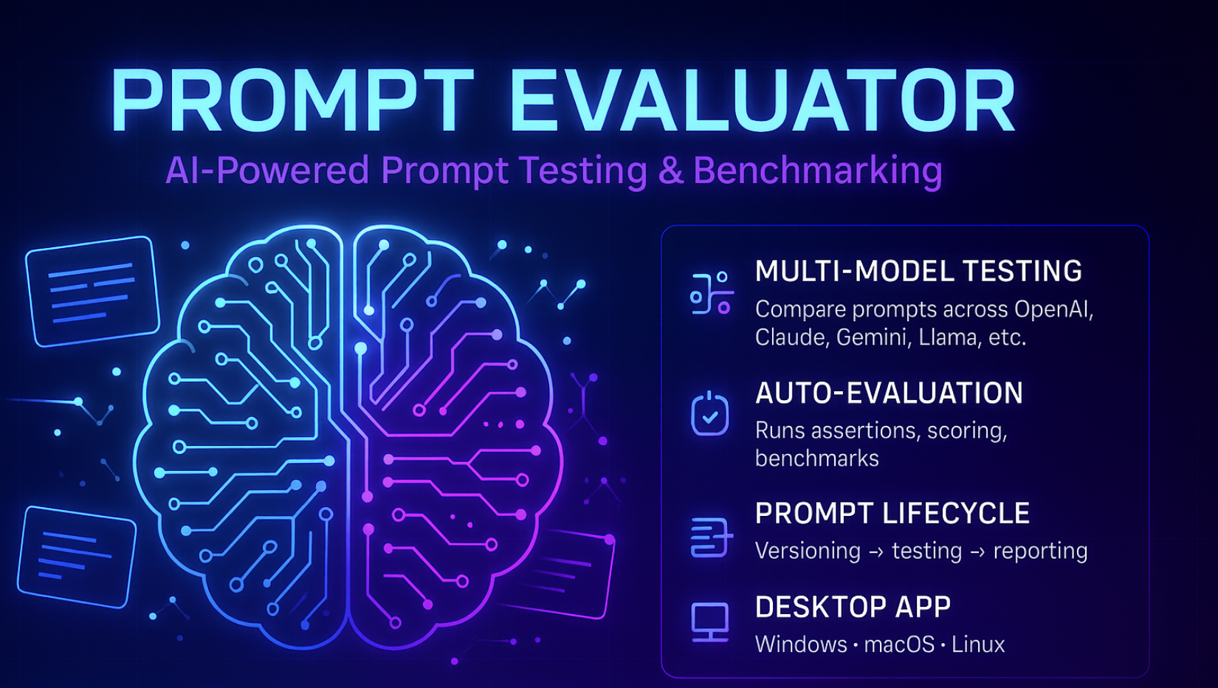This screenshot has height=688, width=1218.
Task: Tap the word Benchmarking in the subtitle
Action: tap(817, 171)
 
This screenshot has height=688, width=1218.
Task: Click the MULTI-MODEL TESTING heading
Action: tap(918, 272)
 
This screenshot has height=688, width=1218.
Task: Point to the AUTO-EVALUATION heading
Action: tap(889, 393)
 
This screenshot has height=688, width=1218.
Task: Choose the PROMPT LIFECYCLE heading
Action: tap(892, 514)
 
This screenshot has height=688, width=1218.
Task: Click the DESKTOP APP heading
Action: tap(853, 608)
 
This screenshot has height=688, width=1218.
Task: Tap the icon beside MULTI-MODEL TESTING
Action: tap(710, 293)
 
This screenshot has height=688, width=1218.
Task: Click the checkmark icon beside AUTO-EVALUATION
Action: tap(710, 414)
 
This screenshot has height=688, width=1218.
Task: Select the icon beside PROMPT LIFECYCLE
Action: tap(710, 537)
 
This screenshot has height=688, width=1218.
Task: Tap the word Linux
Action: tap(978, 645)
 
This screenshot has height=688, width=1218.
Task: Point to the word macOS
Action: tap(899, 645)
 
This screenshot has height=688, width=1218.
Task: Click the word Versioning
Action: tap(808, 551)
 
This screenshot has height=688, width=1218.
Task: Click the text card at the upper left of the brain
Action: tap(92, 291)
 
